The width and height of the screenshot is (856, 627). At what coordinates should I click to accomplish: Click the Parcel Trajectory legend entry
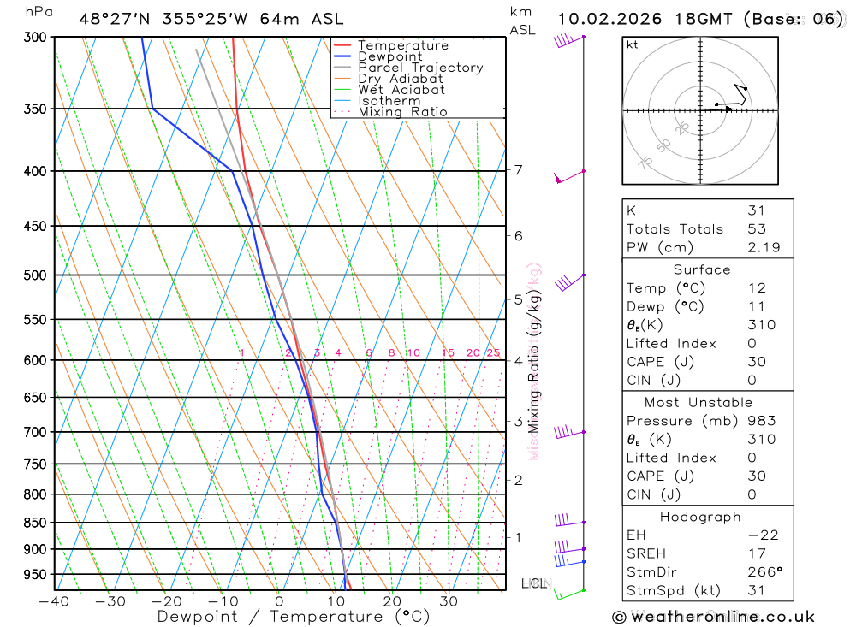coord(420,68)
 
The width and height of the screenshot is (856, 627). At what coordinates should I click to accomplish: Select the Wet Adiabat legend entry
coord(401,90)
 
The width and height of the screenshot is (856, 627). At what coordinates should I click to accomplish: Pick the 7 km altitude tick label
coord(518,170)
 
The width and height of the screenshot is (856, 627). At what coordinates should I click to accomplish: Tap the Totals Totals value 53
coord(756,229)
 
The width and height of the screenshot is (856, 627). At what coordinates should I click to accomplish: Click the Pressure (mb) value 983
coord(761,421)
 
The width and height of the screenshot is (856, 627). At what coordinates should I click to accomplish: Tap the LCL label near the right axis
coord(533,584)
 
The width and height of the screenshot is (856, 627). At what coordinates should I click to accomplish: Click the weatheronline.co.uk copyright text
coord(713,617)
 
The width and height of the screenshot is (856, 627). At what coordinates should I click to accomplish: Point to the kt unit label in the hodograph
coord(633,44)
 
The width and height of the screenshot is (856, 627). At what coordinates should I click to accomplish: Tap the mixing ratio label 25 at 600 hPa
coord(493,353)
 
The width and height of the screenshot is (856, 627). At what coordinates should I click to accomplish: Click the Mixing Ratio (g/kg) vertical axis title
coord(535,359)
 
